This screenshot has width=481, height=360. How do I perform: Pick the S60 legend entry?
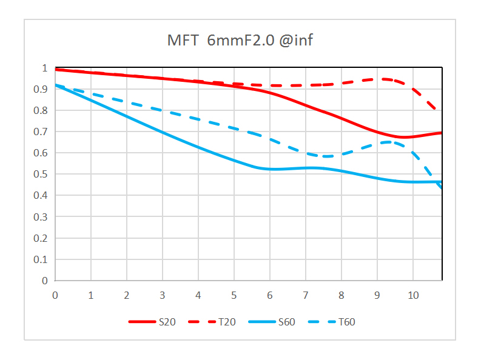[x=287, y=322]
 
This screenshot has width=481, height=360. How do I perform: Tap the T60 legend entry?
[x=346, y=322]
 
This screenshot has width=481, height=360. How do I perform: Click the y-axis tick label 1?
[x=44, y=68]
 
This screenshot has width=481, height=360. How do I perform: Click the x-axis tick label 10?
[x=412, y=295]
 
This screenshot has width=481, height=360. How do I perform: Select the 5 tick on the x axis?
[x=234, y=295]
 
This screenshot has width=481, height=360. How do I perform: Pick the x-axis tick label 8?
[x=341, y=295]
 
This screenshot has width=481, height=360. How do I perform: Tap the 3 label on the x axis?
[x=163, y=295]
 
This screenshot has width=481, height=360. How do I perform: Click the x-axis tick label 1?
[x=91, y=295]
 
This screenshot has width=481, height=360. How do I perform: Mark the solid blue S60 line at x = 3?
[x=163, y=132]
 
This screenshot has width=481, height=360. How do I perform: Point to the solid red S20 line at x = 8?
[x=341, y=118]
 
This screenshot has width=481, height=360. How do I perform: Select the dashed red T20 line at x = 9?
[x=377, y=79]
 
